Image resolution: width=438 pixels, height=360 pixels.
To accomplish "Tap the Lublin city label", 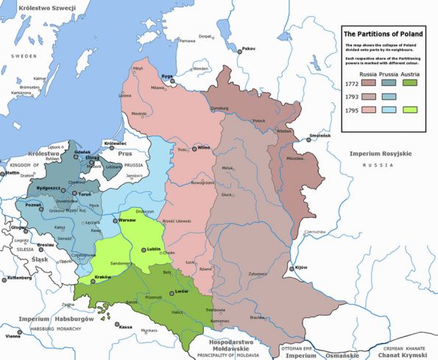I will click(153, 250).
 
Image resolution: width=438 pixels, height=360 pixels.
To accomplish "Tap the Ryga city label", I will click(167, 76).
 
